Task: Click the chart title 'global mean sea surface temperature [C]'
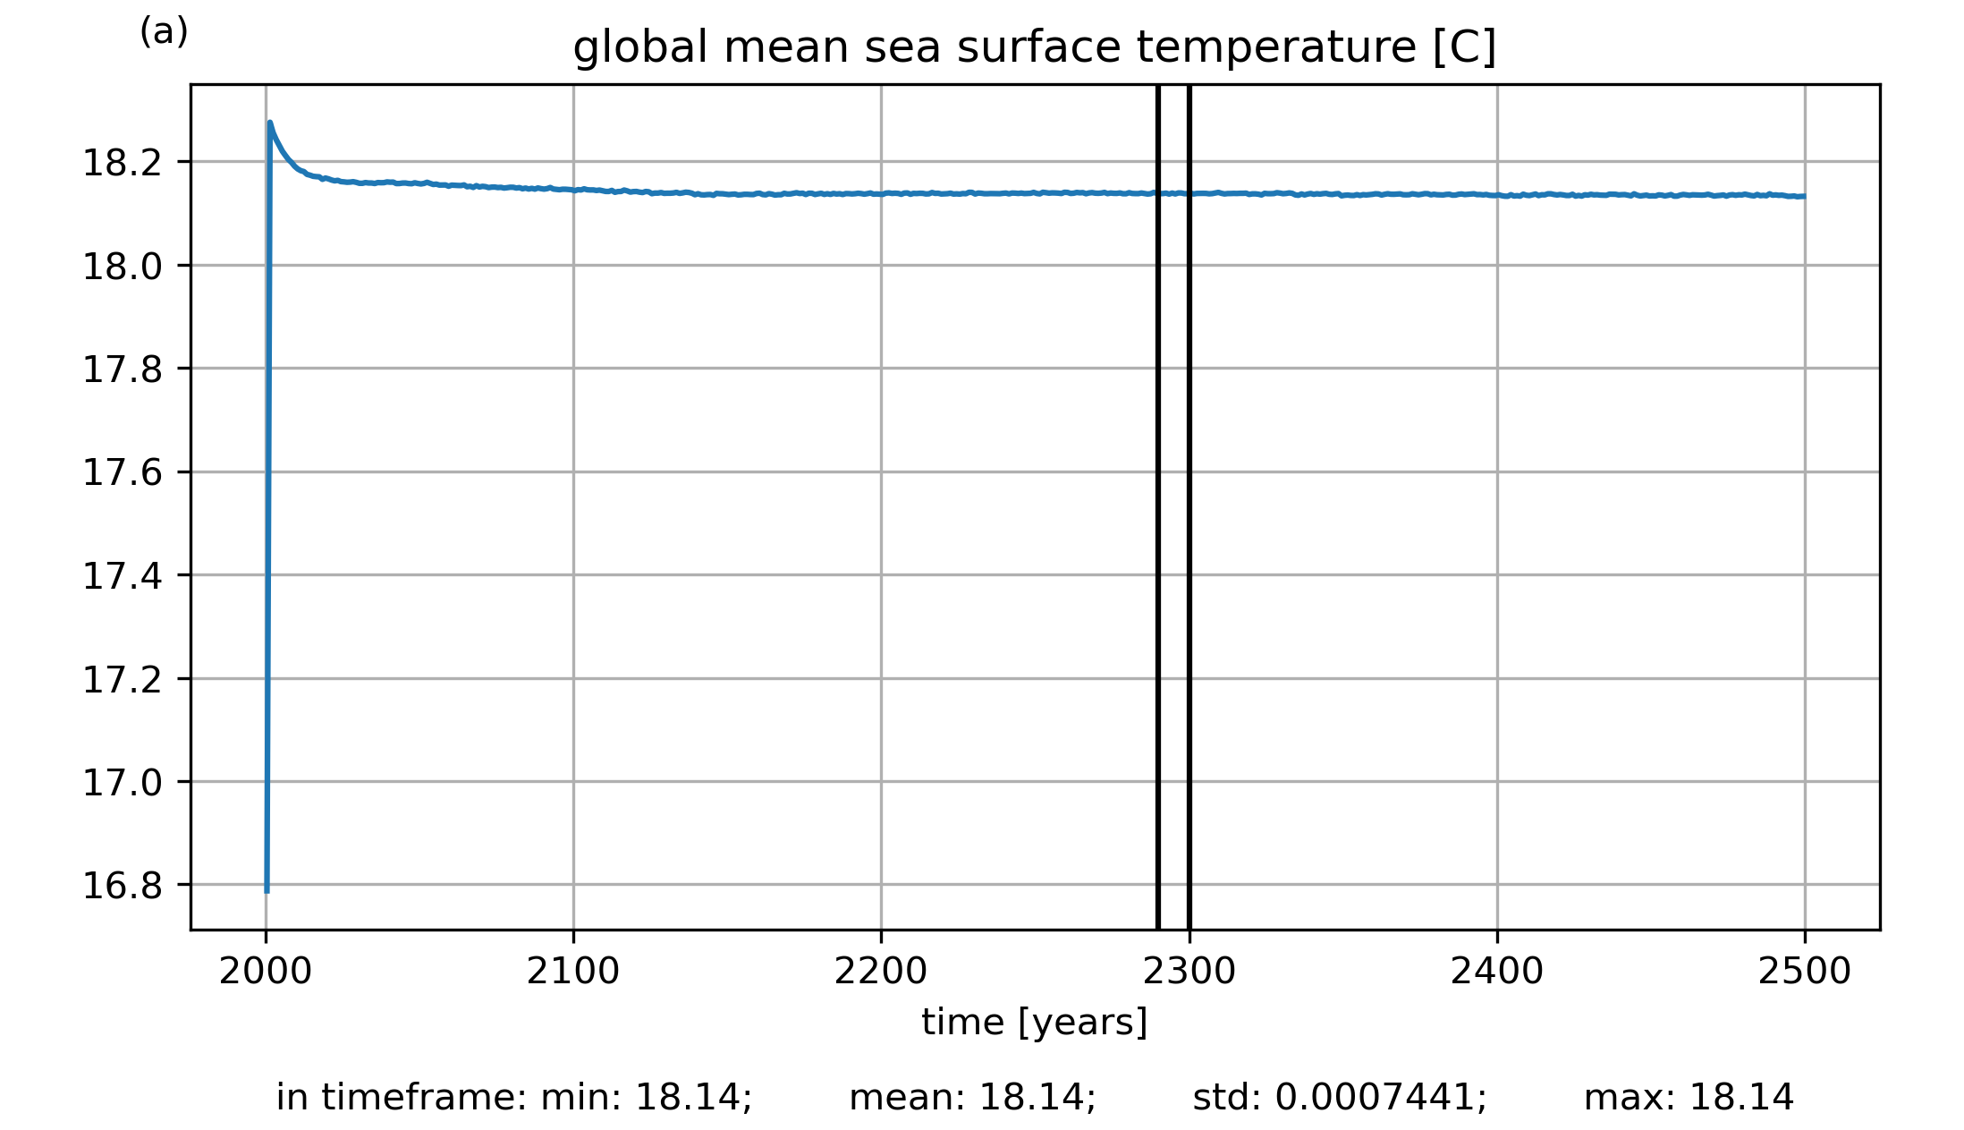pyautogui.click(x=1034, y=47)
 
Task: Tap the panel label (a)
pyautogui.click(x=164, y=32)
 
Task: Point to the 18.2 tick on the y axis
pyautogui.click(x=123, y=163)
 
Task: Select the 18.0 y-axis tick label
pyautogui.click(x=123, y=267)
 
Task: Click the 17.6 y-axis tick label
pyautogui.click(x=123, y=472)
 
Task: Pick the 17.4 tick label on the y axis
pyautogui.click(x=123, y=576)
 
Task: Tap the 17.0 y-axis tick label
pyautogui.click(x=123, y=783)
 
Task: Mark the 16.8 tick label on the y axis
pyautogui.click(x=123, y=886)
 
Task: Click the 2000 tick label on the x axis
pyautogui.click(x=266, y=972)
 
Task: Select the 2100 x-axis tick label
pyautogui.click(x=573, y=972)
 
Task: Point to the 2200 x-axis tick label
pyautogui.click(x=881, y=972)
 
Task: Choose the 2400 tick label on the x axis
pyautogui.click(x=1497, y=972)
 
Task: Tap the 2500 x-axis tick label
pyautogui.click(x=1805, y=972)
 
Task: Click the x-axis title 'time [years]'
pyautogui.click(x=1034, y=1022)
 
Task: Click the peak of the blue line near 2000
pyautogui.click(x=270, y=123)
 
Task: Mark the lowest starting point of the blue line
pyautogui.click(x=267, y=891)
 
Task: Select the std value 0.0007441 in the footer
pyautogui.click(x=1380, y=1098)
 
